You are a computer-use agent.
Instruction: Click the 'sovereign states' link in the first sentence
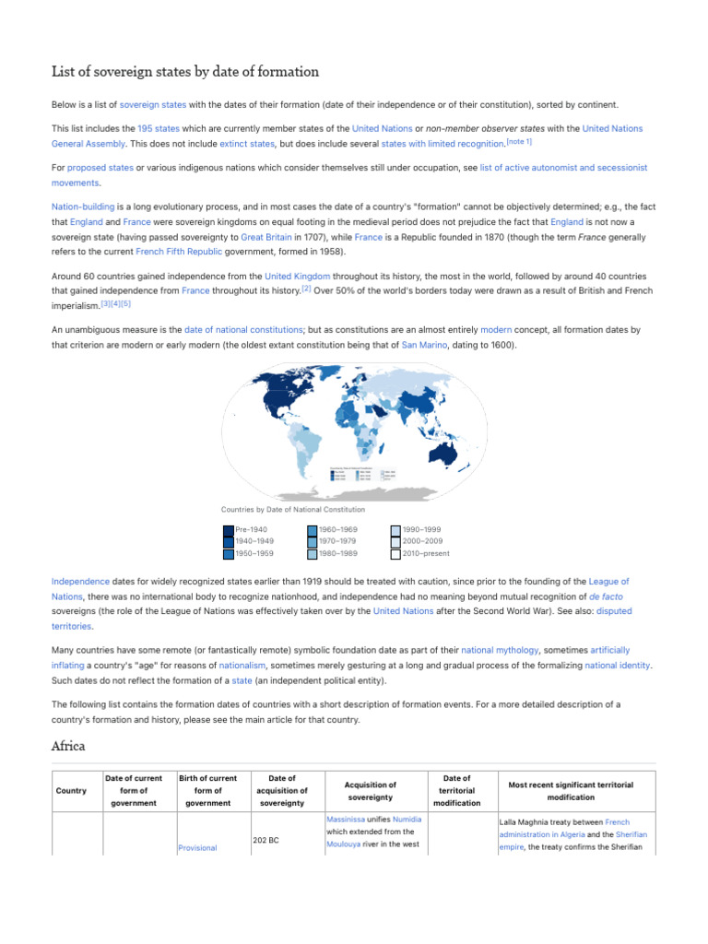tap(153, 105)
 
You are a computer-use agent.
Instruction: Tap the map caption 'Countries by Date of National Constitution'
tap(293, 510)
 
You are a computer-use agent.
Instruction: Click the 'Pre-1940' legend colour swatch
tap(228, 530)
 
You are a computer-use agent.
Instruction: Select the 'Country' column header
tap(71, 791)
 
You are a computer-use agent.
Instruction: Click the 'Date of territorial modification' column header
tap(456, 791)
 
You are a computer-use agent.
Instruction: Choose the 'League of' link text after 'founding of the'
tap(609, 582)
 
